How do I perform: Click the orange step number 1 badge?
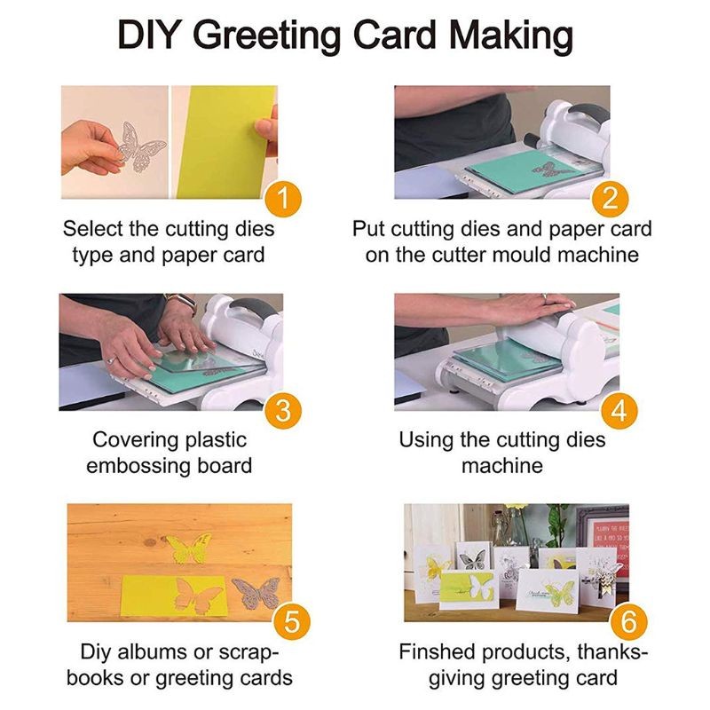pyautogui.click(x=281, y=197)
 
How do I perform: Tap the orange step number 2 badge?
pyautogui.click(x=610, y=197)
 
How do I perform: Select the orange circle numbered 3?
pyautogui.click(x=281, y=410)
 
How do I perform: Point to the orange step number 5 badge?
pyautogui.click(x=281, y=620)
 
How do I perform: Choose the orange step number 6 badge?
pyautogui.click(x=627, y=620)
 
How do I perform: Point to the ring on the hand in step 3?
pyautogui.click(x=111, y=359)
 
